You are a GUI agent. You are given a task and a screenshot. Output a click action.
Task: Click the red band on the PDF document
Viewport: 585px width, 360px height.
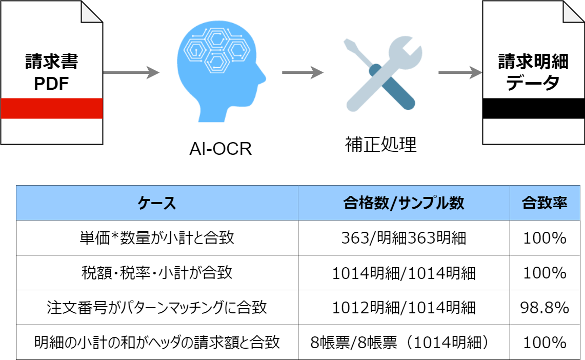point(52,109)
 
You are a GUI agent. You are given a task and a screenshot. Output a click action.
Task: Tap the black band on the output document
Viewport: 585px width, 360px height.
point(534,109)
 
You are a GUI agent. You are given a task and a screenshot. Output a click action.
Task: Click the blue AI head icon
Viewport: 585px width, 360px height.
point(220,71)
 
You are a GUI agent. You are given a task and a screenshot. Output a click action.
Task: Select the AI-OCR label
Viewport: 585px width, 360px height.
point(220,149)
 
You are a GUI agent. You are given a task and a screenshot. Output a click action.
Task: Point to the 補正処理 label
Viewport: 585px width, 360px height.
point(381,145)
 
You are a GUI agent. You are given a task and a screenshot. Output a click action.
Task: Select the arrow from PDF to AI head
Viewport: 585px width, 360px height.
point(131,72)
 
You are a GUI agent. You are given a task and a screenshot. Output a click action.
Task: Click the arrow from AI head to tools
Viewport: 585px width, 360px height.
point(302,72)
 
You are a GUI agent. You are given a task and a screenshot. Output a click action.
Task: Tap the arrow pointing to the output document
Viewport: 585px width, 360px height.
point(460,72)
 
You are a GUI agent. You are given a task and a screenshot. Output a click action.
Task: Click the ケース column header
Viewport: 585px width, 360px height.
point(157,203)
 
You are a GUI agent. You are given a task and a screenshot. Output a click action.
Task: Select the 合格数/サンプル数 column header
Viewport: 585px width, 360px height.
point(404,203)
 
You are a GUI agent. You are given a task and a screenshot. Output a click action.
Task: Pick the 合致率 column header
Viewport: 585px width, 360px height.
point(544,203)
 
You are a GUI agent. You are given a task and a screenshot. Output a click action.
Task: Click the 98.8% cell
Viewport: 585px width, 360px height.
point(544,307)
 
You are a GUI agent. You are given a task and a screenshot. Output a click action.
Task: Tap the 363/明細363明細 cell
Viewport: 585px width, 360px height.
point(404,237)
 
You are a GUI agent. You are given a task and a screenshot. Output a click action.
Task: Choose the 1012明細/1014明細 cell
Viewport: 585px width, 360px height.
point(404,307)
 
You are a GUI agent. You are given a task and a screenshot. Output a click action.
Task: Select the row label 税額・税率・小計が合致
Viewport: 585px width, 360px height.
point(157,273)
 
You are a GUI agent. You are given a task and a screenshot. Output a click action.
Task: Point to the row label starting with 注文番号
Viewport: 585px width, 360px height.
point(157,307)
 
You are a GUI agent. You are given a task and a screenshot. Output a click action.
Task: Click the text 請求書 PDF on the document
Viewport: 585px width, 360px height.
point(51,72)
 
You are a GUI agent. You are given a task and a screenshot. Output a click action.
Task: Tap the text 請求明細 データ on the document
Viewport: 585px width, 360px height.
point(534,72)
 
